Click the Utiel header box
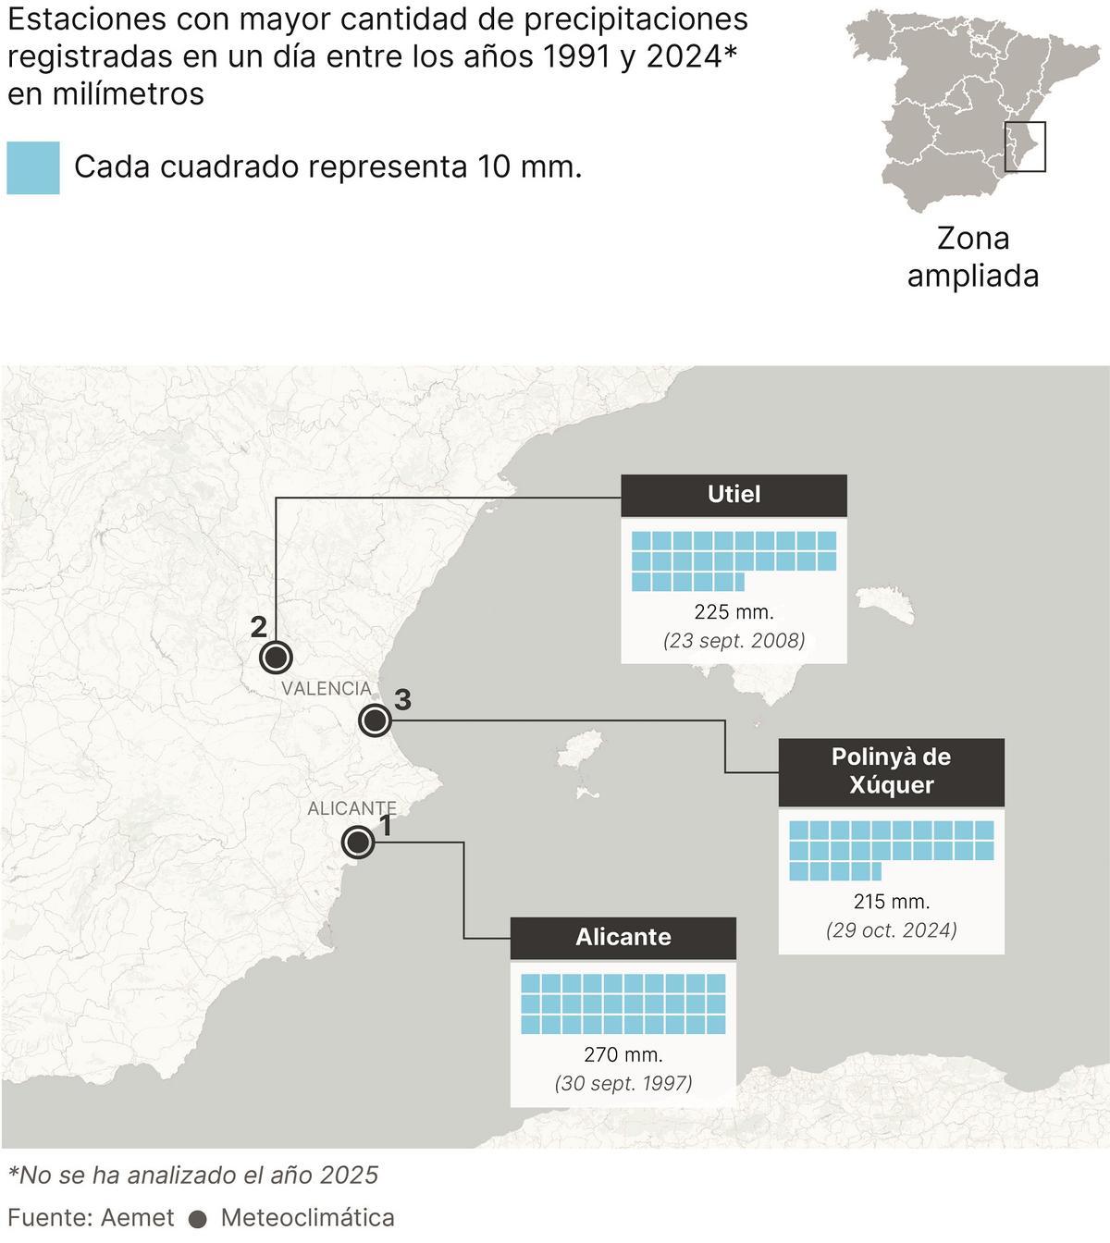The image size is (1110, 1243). pyautogui.click(x=734, y=495)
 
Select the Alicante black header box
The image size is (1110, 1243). pyautogui.click(x=623, y=937)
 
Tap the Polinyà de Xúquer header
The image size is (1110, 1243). pyautogui.click(x=891, y=771)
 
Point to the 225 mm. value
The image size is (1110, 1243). pyautogui.click(x=734, y=611)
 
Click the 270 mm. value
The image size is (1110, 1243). pyautogui.click(x=623, y=1054)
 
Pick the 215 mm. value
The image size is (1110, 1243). pyautogui.click(x=891, y=901)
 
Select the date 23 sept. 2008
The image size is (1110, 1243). pyautogui.click(x=734, y=640)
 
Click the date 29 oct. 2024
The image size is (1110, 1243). pyautogui.click(x=891, y=929)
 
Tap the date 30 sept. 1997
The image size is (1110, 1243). pyautogui.click(x=623, y=1083)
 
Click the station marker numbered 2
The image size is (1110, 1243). pyautogui.click(x=276, y=658)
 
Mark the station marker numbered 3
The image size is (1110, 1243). pyautogui.click(x=375, y=720)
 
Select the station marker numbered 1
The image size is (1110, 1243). pyautogui.click(x=357, y=843)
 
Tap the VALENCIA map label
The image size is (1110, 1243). pyautogui.click(x=327, y=688)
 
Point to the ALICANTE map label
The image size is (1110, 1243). pyautogui.click(x=351, y=808)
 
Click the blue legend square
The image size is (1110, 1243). pyautogui.click(x=33, y=167)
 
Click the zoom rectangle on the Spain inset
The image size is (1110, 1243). pyautogui.click(x=1025, y=147)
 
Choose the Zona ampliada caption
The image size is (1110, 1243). pyautogui.click(x=972, y=257)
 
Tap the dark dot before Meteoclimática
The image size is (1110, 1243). pyautogui.click(x=197, y=1219)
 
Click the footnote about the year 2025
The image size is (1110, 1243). pyautogui.click(x=193, y=1175)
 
